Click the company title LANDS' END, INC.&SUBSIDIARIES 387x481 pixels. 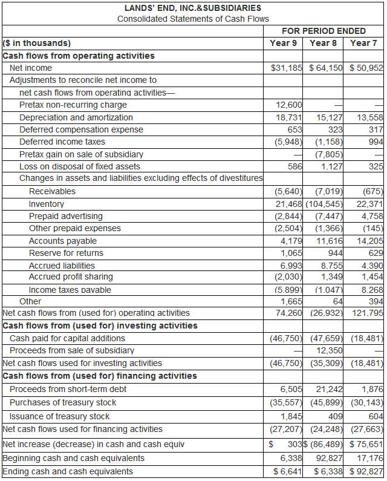pyautogui.click(x=193, y=8)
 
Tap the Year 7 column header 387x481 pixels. pyautogui.click(x=363, y=43)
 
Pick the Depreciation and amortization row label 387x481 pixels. pyautogui.click(x=76, y=117)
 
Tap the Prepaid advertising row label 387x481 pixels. pyautogui.click(x=66, y=216)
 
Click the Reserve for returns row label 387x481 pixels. pyautogui.click(x=66, y=253)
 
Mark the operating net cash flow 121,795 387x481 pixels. pyautogui.click(x=366, y=313)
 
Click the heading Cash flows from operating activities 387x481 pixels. pyautogui.click(x=79, y=56)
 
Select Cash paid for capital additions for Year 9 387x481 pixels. pyautogui.click(x=284, y=338)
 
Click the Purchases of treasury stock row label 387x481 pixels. pyautogui.click(x=63, y=402)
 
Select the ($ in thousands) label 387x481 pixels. pyautogui.click(x=37, y=43)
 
